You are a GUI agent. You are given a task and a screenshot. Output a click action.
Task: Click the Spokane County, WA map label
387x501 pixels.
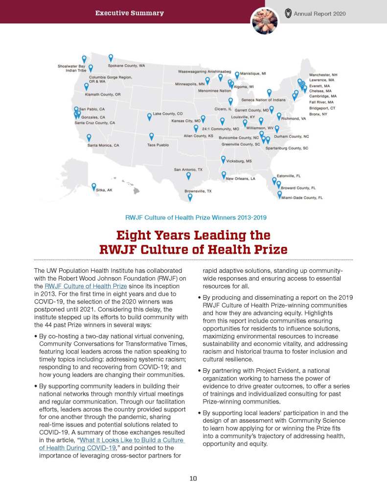pos(126,65)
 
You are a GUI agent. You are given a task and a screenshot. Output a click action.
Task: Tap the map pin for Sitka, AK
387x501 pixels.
pos(93,187)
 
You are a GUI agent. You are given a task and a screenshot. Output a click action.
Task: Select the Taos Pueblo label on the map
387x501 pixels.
pos(158,145)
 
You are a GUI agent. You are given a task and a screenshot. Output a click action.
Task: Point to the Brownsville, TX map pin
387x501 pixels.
pos(190,197)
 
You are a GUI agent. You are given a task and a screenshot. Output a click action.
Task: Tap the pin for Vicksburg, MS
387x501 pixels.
pos(224,159)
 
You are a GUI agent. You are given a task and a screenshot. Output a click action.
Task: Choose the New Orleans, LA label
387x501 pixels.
pos(240,179)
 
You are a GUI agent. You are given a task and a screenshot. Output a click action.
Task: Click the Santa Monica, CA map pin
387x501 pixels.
pos(89,138)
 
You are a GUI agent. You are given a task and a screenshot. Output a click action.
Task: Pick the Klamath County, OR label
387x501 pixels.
pos(103,94)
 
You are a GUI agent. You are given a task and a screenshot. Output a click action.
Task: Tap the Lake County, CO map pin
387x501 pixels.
pos(149,116)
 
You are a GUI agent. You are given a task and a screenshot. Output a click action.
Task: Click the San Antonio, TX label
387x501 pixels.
pos(188,169)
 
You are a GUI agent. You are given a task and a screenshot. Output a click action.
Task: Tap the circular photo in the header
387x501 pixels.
pos(264,21)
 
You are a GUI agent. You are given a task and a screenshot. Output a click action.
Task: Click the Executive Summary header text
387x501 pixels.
pos(130,13)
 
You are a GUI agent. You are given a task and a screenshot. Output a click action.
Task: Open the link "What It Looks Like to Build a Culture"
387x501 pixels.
pos(132,440)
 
